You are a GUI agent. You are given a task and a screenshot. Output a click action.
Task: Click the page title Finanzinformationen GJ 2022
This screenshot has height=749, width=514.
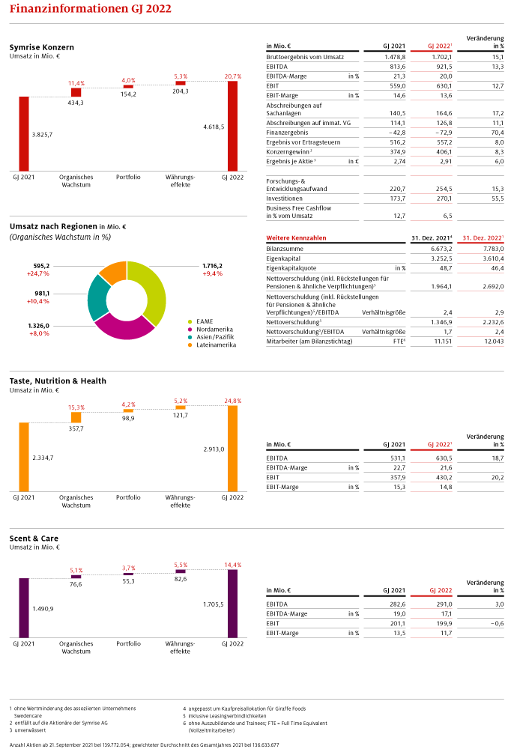[x=90, y=8]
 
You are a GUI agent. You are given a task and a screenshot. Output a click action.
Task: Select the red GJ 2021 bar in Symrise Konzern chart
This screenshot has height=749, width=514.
[x=24, y=134]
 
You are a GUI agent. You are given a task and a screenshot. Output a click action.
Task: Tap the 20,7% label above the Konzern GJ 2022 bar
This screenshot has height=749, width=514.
[x=232, y=76]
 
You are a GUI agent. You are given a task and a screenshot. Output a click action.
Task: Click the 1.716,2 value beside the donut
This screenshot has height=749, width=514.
[x=212, y=266]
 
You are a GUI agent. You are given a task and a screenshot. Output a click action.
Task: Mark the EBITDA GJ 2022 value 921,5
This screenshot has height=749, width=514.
[x=444, y=67]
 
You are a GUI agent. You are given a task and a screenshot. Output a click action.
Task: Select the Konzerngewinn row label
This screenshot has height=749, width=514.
[x=288, y=151]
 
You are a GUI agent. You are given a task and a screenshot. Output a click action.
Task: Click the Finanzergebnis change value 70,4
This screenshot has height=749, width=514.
[x=498, y=133]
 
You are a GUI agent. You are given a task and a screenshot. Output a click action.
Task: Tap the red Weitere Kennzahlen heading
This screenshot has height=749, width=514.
[x=296, y=237]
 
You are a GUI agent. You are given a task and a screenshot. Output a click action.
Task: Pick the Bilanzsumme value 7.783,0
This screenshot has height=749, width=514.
[x=493, y=249]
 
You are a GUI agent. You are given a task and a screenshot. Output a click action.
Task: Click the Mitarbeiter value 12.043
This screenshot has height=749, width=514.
[x=494, y=341]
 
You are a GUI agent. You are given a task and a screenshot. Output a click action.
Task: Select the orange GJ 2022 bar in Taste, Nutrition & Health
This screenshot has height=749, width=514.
[x=232, y=449]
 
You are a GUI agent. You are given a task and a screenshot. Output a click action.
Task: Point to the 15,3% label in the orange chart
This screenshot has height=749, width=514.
[x=76, y=407]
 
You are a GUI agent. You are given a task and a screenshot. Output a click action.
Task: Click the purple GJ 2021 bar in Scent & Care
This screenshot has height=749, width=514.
[x=24, y=607]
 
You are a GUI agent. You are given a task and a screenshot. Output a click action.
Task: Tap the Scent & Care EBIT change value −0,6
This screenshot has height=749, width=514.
[x=497, y=623]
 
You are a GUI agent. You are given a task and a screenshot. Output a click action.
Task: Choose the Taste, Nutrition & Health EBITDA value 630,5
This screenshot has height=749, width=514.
[x=444, y=458]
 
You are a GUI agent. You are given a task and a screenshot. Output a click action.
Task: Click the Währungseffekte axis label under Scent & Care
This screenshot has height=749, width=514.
[x=180, y=647]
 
